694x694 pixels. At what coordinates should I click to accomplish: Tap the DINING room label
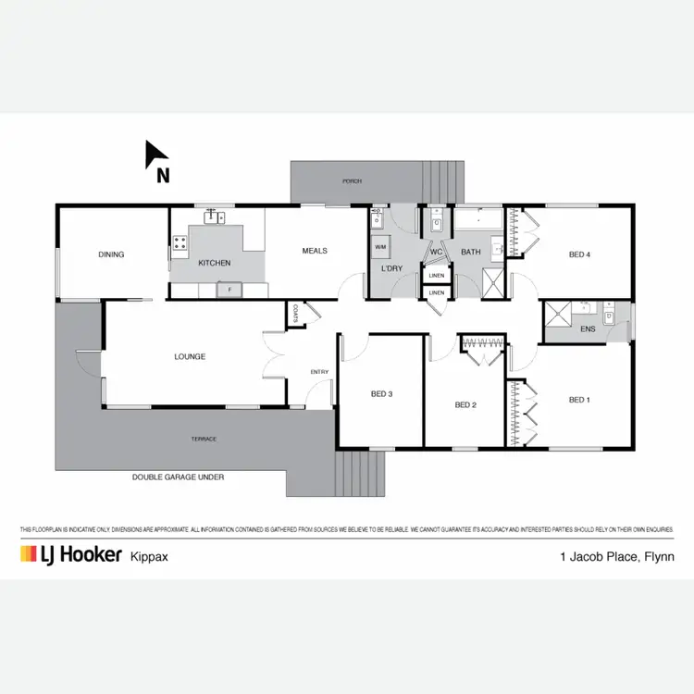tap(111, 254)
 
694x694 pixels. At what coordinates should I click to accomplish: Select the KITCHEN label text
tap(215, 264)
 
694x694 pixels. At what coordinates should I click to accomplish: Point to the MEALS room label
tap(316, 251)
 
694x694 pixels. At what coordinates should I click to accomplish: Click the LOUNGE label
tap(190, 356)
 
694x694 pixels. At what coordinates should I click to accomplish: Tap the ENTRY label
tap(319, 372)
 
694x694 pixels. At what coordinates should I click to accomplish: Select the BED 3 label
tap(381, 394)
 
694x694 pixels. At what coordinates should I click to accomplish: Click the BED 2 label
tap(465, 404)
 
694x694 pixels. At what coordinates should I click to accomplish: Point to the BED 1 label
tap(578, 400)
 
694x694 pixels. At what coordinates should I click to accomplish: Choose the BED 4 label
tap(580, 254)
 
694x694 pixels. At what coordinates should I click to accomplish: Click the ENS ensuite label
tap(588, 328)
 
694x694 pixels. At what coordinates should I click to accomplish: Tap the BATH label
tap(471, 252)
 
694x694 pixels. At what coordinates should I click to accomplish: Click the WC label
tap(436, 252)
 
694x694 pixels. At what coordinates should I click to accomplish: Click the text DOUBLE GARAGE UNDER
tap(178, 477)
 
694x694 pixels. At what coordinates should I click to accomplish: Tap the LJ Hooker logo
tap(71, 554)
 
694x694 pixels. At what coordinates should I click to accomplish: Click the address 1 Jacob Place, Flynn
tap(616, 556)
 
